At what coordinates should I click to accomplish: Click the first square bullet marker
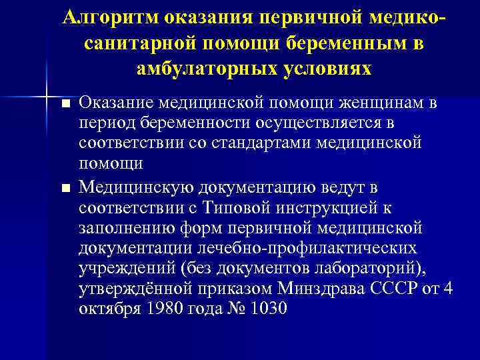pyautogui.click(x=65, y=104)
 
